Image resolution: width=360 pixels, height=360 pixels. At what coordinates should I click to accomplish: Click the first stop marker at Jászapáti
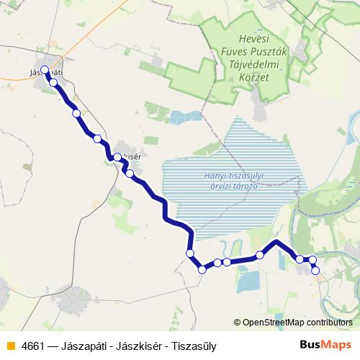click(x=45, y=70)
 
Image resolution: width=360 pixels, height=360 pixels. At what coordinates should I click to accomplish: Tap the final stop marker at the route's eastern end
click(x=315, y=270)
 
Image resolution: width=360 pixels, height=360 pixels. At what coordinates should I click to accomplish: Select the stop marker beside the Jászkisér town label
click(x=117, y=157)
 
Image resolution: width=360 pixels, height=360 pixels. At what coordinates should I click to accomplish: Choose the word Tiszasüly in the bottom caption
click(x=192, y=346)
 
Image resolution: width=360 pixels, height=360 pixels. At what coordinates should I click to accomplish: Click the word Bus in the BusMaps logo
click(x=311, y=345)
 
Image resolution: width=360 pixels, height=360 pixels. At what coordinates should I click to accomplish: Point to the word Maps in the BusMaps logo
click(x=337, y=345)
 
